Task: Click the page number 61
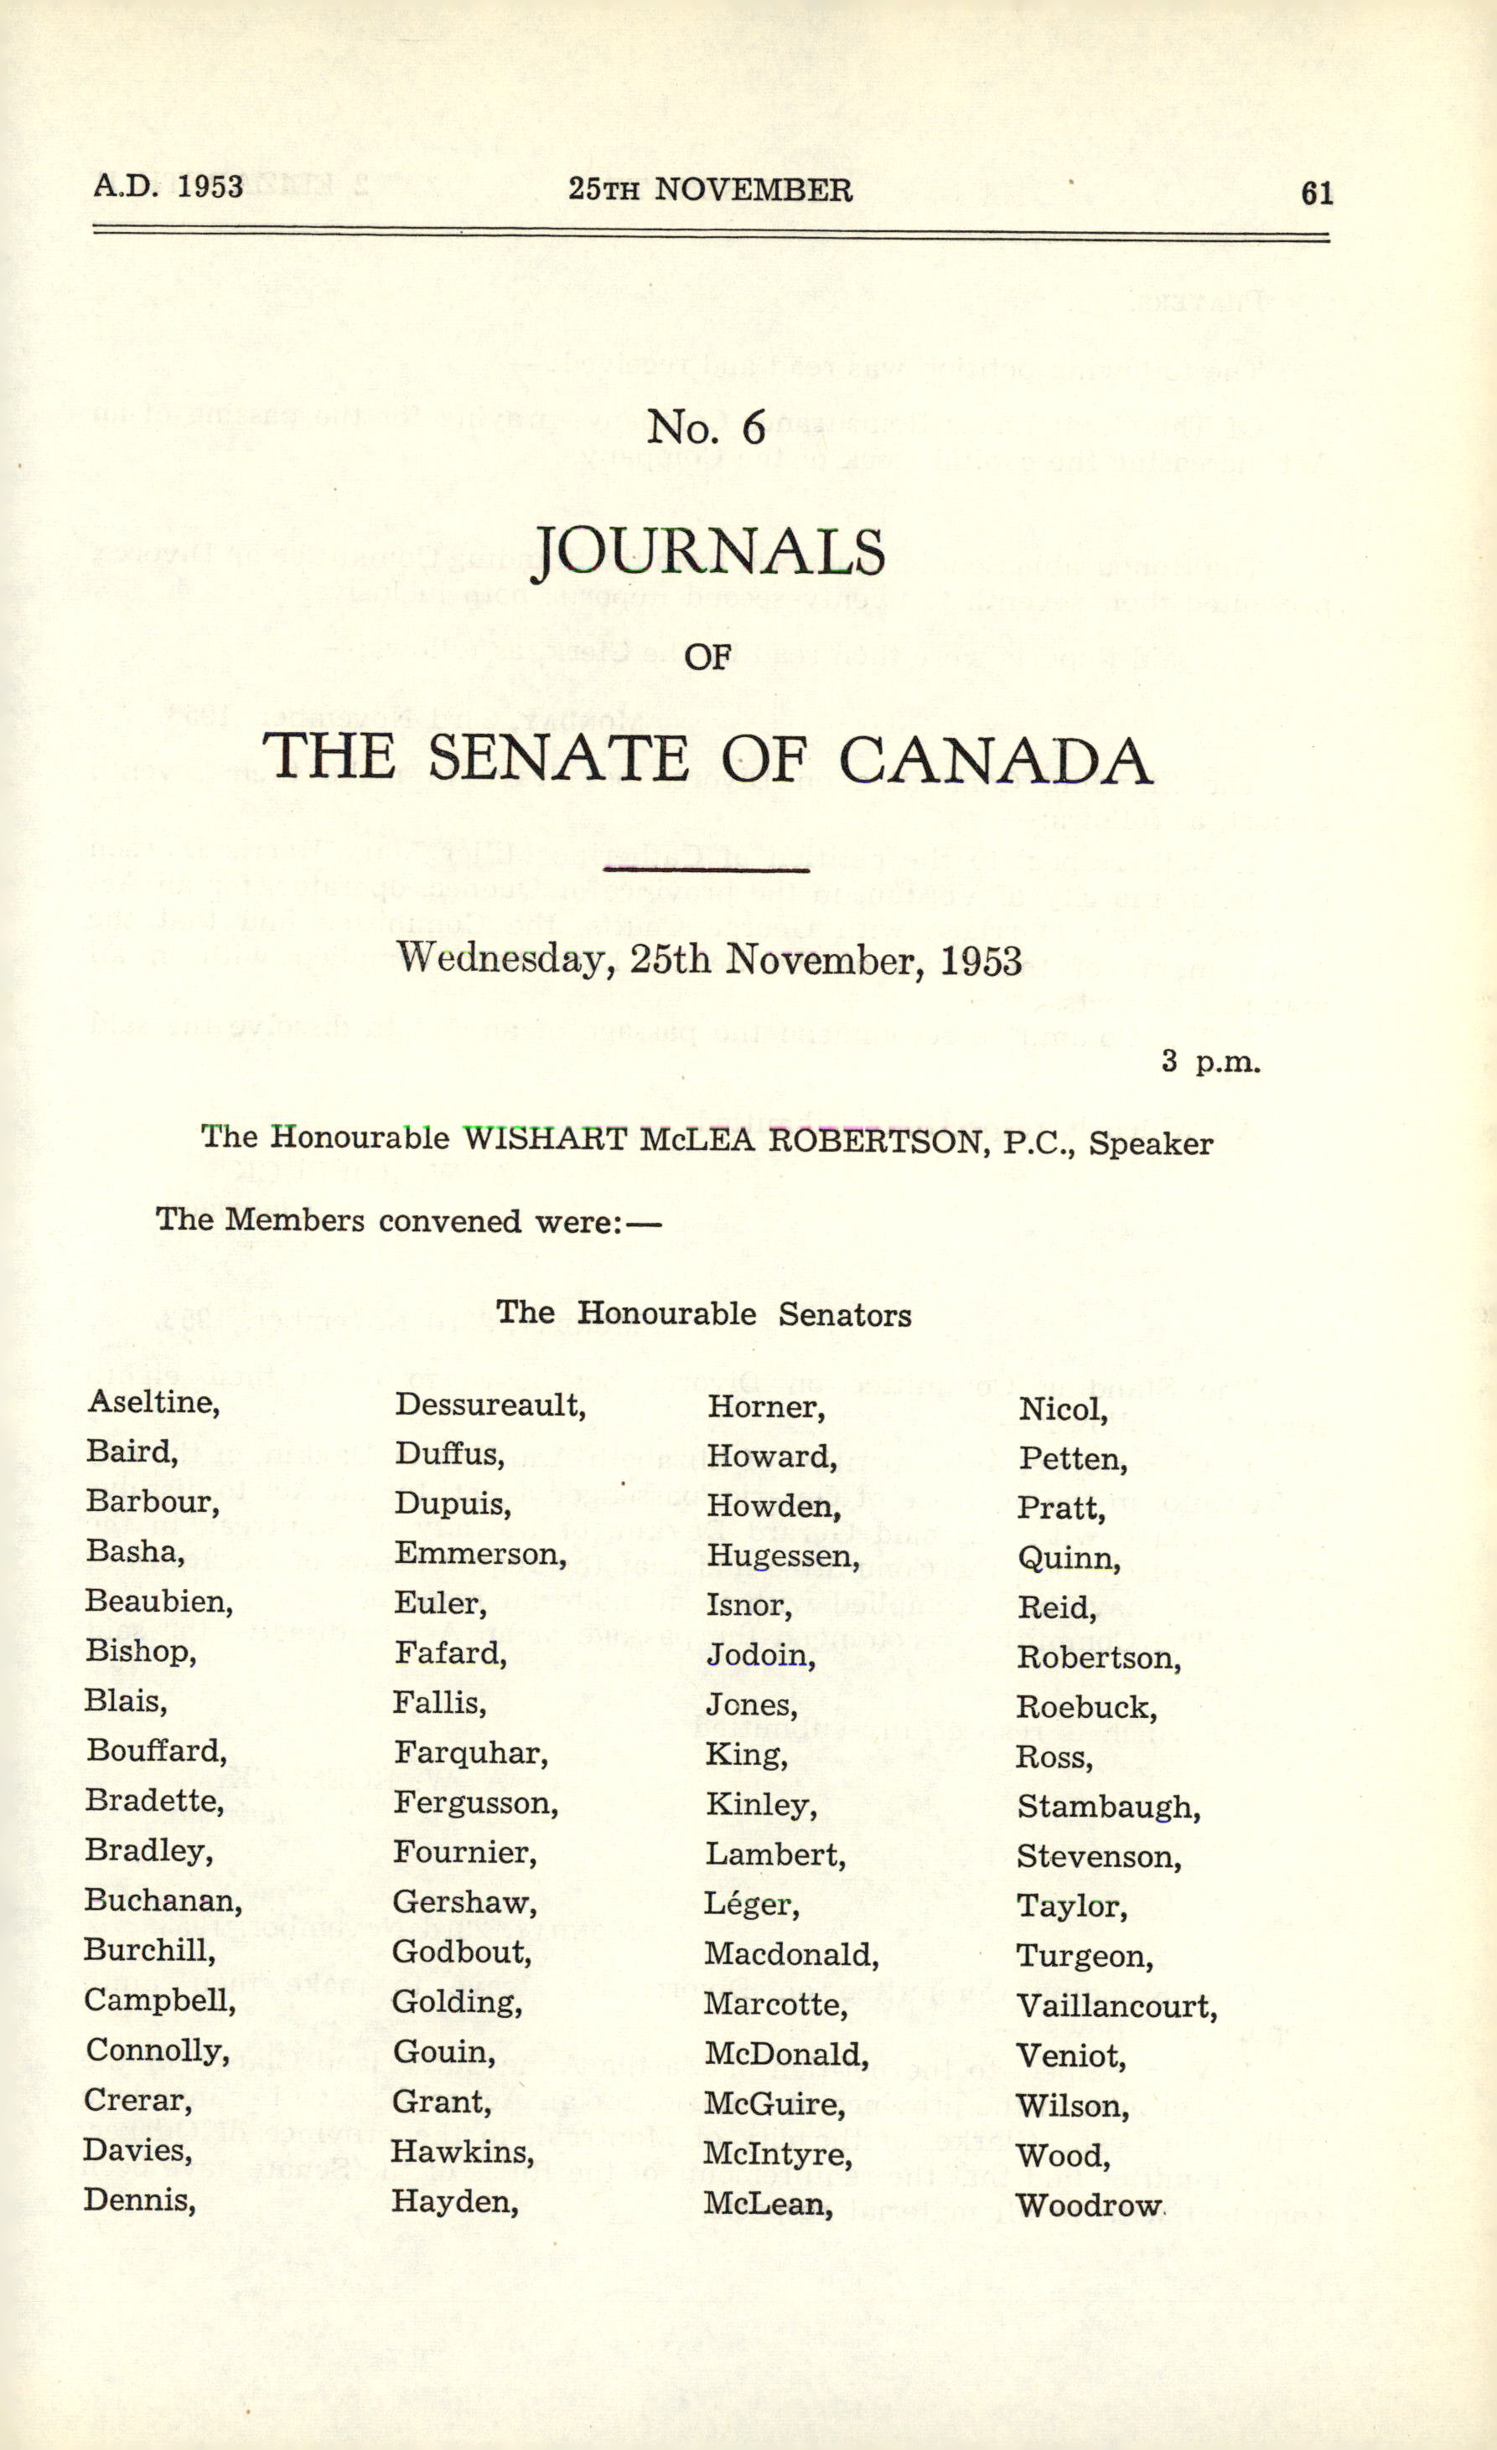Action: [1316, 193]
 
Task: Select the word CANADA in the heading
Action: [995, 761]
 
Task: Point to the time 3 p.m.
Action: [1210, 1062]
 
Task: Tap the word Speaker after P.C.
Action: [1151, 1143]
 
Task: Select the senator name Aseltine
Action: [153, 1402]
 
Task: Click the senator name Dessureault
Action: [490, 1405]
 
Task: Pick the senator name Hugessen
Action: [782, 1555]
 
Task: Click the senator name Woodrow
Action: [1088, 2205]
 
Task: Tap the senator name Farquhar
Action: [470, 1753]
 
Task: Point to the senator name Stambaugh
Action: [1108, 1807]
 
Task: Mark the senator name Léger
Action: [751, 1904]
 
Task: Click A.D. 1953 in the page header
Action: [168, 186]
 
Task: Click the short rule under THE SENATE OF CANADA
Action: [707, 871]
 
